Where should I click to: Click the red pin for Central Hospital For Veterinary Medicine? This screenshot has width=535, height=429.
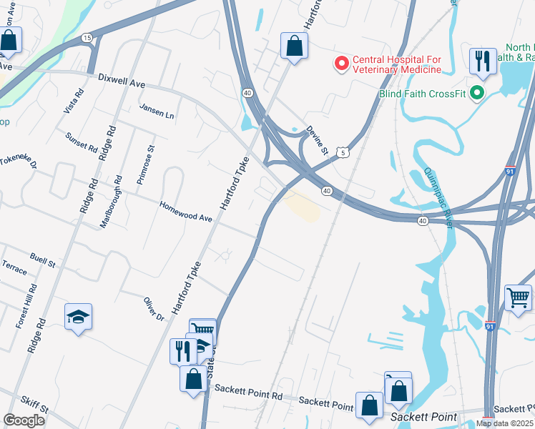(x=342, y=64)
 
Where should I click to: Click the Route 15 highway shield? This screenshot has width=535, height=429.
(x=87, y=37)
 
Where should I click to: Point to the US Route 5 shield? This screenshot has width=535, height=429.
(x=344, y=152)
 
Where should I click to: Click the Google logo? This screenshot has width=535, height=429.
(x=24, y=420)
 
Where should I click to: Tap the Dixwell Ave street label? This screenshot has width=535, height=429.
(x=122, y=81)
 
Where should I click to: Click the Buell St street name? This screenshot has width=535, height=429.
(x=42, y=258)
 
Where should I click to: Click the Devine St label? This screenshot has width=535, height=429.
(x=317, y=140)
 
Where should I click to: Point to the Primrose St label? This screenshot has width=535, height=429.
(x=145, y=165)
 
